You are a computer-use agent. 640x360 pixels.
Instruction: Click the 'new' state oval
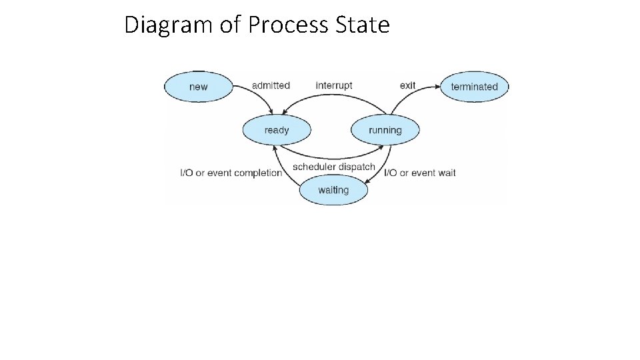click(199, 87)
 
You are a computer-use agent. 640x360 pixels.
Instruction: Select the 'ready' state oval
click(277, 130)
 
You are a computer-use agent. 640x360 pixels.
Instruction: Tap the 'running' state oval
click(385, 130)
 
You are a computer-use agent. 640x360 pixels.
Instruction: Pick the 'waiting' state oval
click(333, 190)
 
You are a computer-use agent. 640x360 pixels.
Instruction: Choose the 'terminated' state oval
click(474, 87)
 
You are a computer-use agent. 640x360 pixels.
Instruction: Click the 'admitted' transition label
click(271, 85)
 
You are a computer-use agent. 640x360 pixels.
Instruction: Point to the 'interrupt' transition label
click(334, 85)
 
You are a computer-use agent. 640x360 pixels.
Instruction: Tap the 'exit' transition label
click(407, 85)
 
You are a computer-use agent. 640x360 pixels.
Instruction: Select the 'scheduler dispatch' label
click(334, 167)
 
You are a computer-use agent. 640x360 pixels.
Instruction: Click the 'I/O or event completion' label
click(231, 173)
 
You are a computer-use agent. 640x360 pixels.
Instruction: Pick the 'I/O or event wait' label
click(420, 173)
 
